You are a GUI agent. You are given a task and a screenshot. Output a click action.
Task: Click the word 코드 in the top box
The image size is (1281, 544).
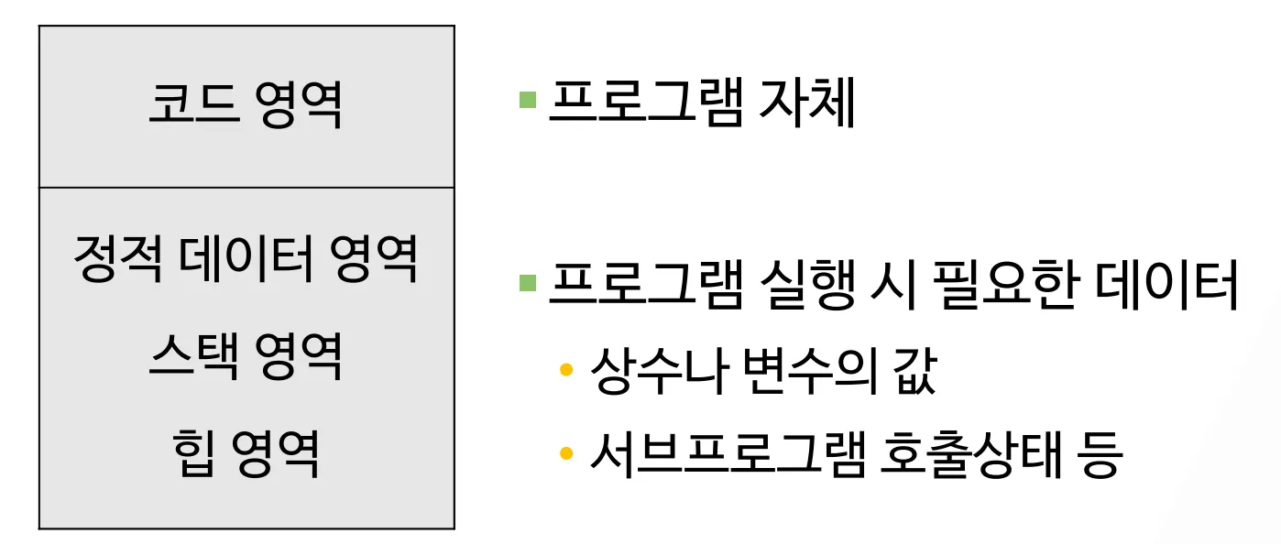pos(184,106)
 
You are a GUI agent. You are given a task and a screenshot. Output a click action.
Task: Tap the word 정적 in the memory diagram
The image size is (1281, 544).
pos(113,259)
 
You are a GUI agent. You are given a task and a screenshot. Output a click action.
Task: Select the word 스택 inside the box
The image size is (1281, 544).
pos(184,357)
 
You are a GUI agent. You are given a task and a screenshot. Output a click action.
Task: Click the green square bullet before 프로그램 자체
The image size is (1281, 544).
pos(527,99)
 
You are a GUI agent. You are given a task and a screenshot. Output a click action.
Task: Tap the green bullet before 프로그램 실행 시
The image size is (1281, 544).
pos(527,282)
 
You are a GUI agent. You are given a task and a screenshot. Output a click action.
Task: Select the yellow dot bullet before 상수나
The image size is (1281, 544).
pos(566,370)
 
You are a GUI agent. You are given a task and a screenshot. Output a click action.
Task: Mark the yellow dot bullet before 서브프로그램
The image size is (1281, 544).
pos(566,453)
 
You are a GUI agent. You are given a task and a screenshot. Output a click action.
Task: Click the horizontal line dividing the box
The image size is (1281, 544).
pos(246,188)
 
